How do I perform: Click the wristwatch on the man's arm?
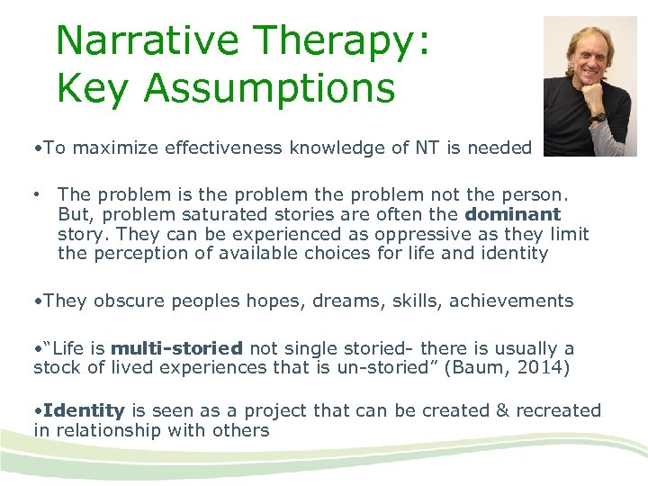[x=598, y=115]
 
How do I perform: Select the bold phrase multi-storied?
[x=176, y=348]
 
